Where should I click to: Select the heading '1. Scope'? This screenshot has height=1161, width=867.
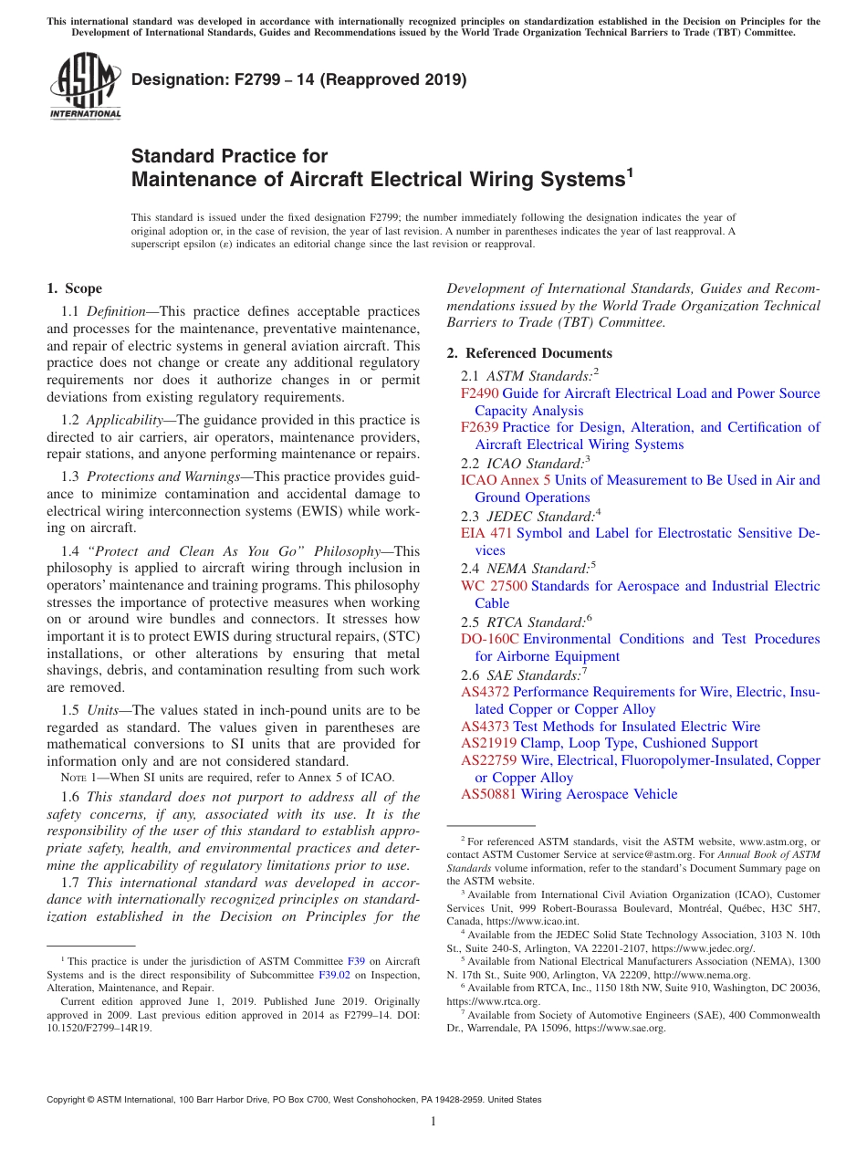tap(74, 288)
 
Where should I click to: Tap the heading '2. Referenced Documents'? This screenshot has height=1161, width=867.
tap(529, 353)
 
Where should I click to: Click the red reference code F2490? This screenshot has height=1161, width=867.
tap(479, 393)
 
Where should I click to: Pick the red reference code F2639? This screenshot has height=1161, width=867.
tap(479, 427)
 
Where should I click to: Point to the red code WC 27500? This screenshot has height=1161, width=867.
tap(495, 586)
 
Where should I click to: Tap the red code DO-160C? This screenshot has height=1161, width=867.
tap(489, 639)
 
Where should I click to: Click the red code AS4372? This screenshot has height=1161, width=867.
tap(485, 692)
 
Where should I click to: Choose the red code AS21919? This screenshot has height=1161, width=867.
tap(488, 743)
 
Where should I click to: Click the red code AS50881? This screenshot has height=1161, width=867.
tap(488, 794)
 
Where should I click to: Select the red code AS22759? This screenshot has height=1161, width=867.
tap(488, 760)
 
